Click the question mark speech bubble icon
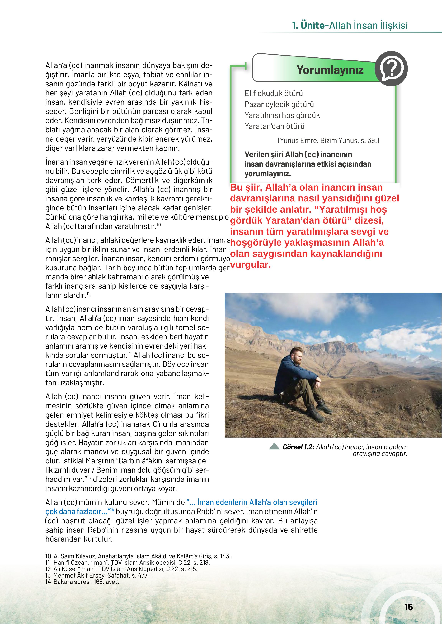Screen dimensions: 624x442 coord(391,69)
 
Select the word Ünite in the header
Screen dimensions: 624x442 coord(313,25)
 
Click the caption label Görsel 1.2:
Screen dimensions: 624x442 coord(299,447)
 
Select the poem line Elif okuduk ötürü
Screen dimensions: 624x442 coord(274,94)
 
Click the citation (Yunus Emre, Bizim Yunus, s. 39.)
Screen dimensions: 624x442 coord(328,141)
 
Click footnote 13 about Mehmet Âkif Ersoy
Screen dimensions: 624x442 coord(97,575)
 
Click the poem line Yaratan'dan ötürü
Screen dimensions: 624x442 coord(274,126)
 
